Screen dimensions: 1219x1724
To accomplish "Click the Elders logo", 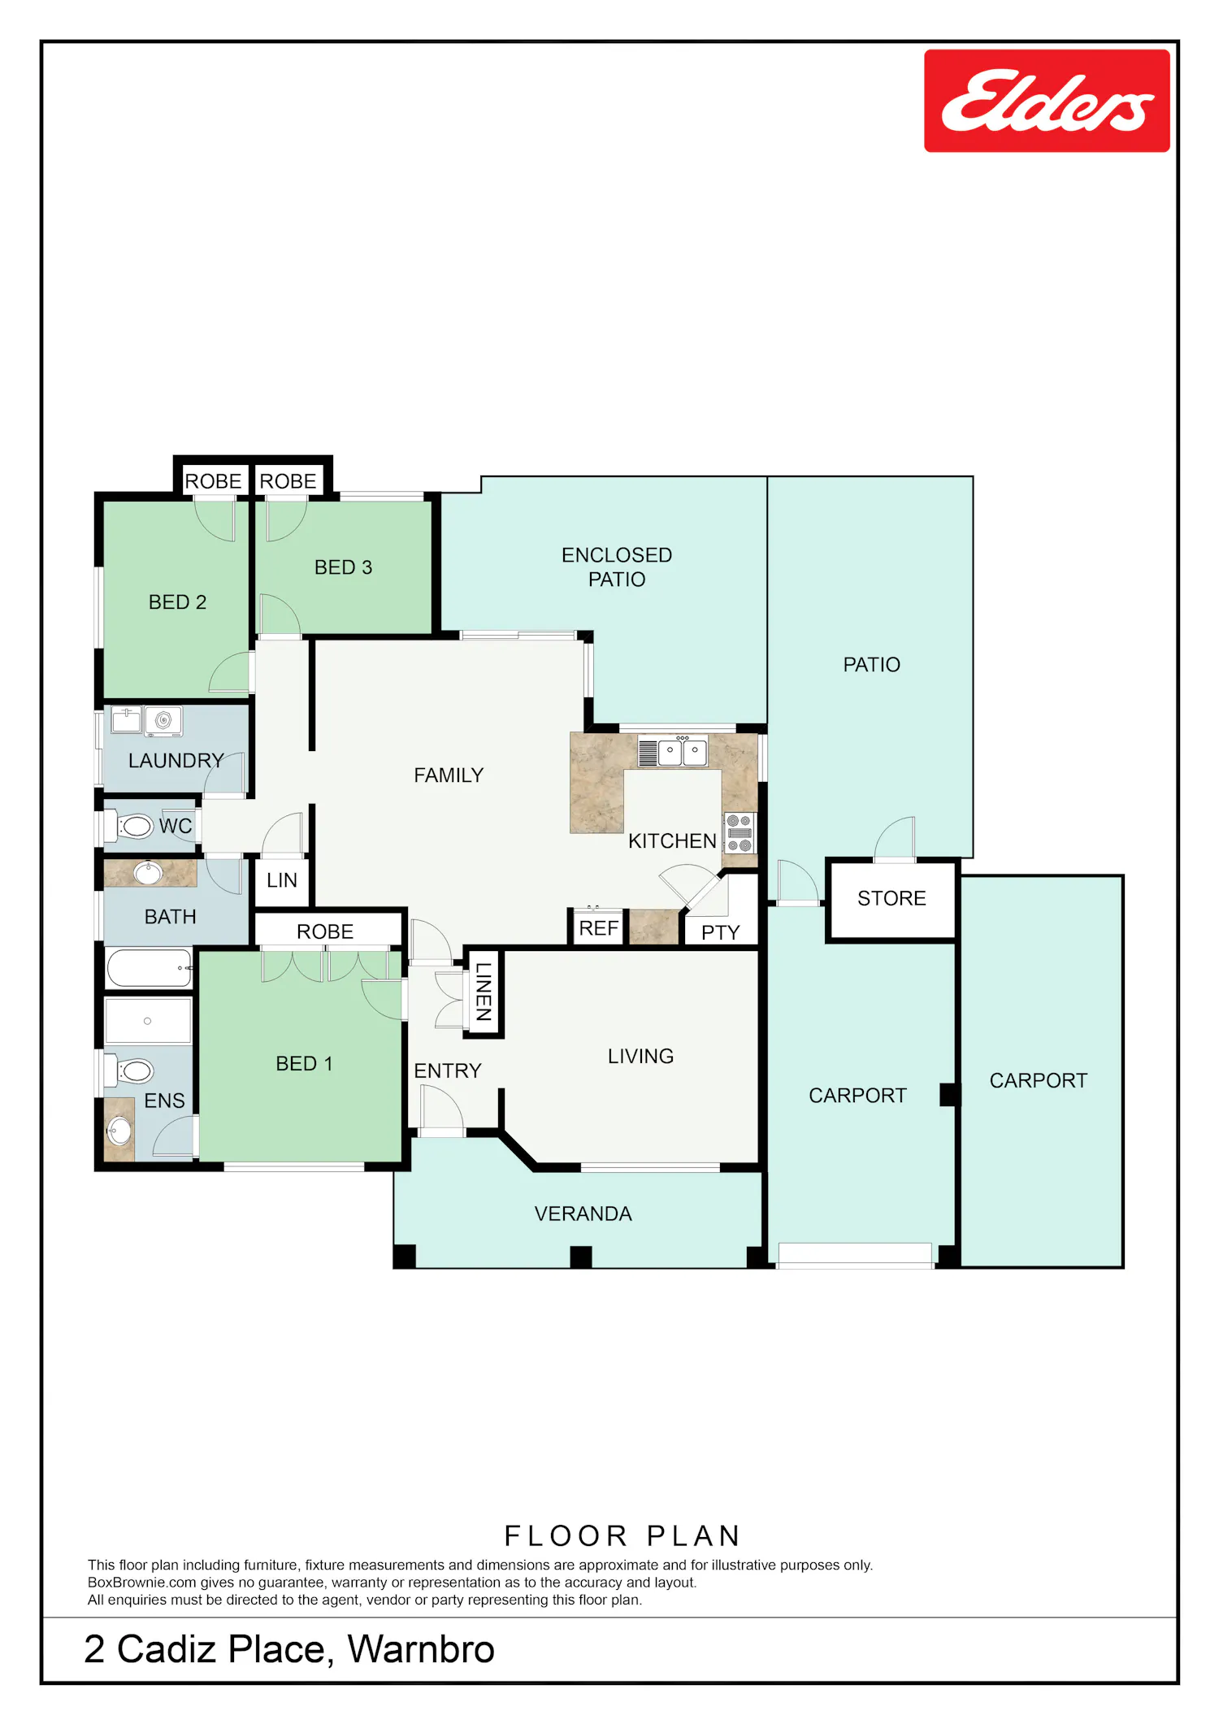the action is click(x=1047, y=101).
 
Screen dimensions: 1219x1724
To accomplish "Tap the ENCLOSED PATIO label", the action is click(x=617, y=567).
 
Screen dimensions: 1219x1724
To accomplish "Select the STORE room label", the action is click(x=891, y=898).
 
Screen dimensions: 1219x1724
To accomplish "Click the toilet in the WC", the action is click(x=129, y=827).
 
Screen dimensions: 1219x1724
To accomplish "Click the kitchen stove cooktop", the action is click(x=740, y=833).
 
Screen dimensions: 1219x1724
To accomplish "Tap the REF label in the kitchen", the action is click(x=599, y=928).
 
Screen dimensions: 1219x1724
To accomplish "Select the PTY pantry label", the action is click(x=721, y=932).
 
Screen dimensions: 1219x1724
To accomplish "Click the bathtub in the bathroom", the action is click(x=150, y=968).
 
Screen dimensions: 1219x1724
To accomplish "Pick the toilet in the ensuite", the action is click(x=130, y=1070).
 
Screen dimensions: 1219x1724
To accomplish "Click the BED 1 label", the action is click(x=305, y=1064).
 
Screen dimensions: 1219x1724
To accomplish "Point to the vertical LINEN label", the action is click(x=484, y=992).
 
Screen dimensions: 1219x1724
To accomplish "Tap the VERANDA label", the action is click(x=583, y=1214).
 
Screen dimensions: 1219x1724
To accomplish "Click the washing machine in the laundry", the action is click(x=163, y=721).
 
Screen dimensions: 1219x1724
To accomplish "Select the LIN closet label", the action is click(x=282, y=880).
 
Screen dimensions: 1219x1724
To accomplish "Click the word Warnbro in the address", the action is click(x=421, y=1649).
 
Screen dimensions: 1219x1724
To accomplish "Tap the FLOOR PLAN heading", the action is click(x=623, y=1535).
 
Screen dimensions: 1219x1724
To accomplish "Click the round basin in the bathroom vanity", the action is click(x=148, y=873).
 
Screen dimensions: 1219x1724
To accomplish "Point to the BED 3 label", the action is click(x=343, y=567).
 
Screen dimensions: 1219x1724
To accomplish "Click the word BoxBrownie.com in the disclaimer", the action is click(x=142, y=1583).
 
